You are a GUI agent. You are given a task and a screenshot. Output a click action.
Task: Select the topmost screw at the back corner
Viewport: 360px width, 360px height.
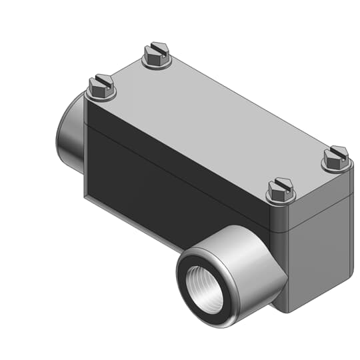(x=156, y=55)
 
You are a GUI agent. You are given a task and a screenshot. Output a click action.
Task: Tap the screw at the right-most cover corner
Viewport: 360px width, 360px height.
(x=335, y=157)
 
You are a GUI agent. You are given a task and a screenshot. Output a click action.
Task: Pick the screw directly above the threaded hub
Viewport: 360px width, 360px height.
(x=281, y=189)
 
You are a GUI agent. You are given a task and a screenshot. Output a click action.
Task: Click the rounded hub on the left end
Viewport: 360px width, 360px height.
(x=69, y=133)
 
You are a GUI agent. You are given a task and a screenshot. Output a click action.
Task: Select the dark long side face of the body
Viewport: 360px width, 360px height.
(x=167, y=180)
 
